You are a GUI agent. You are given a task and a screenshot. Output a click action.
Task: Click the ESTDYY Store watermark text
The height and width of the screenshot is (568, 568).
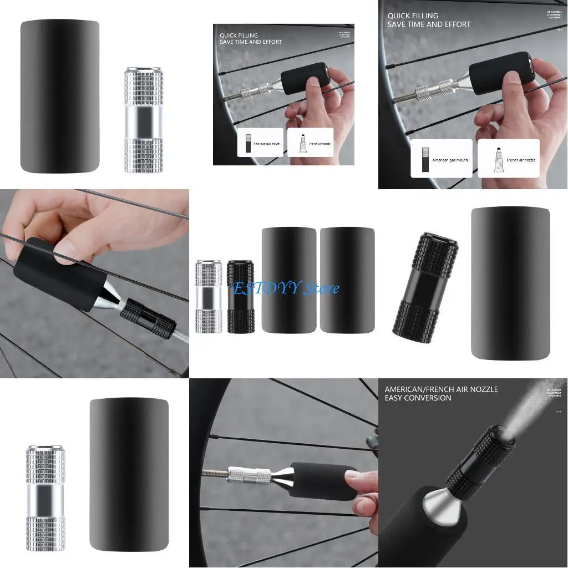tap(286, 288)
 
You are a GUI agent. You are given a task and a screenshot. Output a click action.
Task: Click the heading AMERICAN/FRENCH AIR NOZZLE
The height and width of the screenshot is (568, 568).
tap(441, 389)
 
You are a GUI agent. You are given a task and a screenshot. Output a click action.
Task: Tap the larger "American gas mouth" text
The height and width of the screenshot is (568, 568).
tap(450, 160)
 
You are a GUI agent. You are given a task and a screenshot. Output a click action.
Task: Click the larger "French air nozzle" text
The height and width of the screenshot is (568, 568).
tap(520, 160)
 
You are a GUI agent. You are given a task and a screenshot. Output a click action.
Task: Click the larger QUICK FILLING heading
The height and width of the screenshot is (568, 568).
tap(413, 16)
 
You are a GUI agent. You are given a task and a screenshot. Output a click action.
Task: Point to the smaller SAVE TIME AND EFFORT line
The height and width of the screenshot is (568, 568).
tap(251, 42)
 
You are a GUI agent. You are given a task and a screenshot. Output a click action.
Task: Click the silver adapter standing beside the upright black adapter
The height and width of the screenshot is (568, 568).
tap(209, 297)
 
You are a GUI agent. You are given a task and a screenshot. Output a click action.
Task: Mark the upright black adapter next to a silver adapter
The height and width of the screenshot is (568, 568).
tap(240, 297)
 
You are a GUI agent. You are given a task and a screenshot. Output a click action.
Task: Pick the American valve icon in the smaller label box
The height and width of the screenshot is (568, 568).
tap(248, 144)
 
